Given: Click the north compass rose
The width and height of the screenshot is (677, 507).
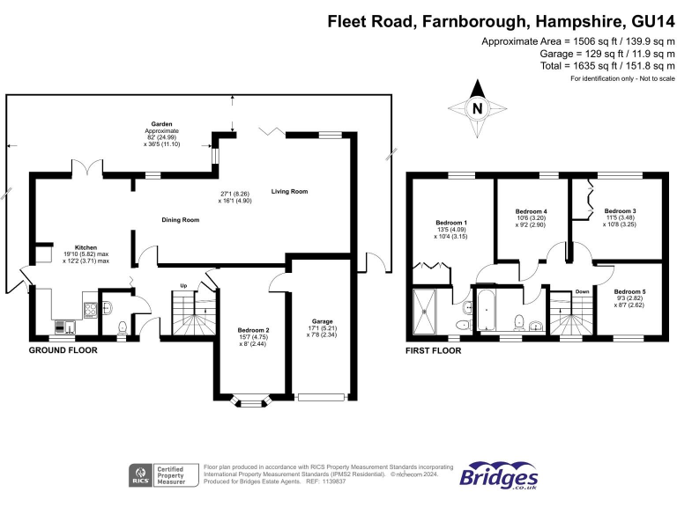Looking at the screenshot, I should coord(477,108).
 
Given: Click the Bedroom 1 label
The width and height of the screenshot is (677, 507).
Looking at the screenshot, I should coord(451,222).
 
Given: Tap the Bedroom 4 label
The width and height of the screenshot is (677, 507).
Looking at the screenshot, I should coord(531,212).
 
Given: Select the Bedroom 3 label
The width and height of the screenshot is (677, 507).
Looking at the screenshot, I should coord(620,211).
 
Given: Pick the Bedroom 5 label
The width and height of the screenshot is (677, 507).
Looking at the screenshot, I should coord(629,291).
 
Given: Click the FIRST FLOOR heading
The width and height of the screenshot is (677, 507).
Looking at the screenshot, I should coord(433,350).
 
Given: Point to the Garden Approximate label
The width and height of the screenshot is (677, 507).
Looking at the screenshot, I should coord(161,125).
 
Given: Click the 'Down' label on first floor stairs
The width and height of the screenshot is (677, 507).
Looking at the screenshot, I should coord(582,291).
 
